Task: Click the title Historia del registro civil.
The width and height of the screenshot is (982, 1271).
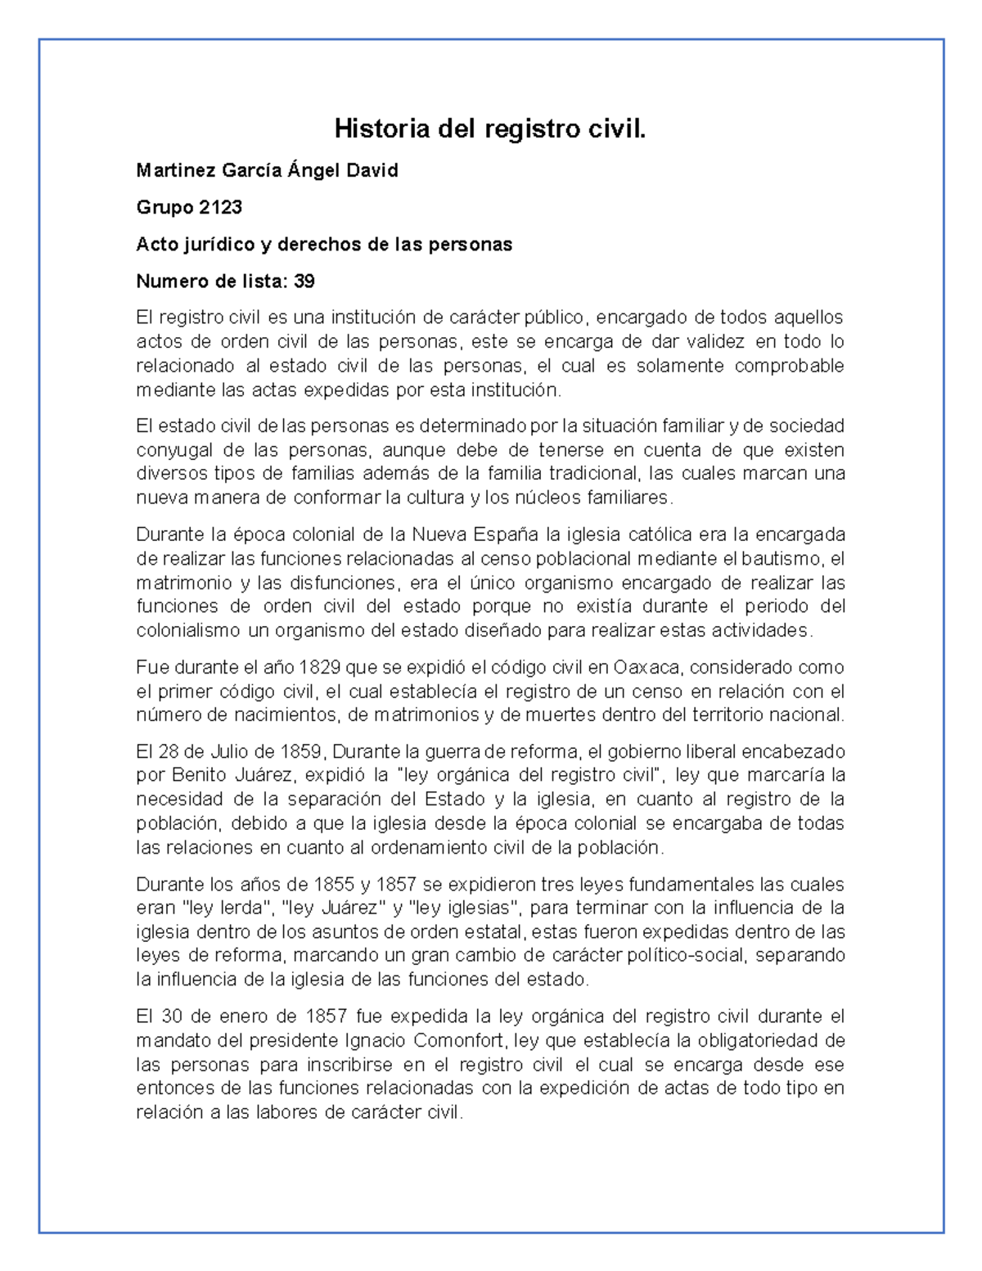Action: [x=490, y=129]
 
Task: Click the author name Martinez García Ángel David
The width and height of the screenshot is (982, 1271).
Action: [x=267, y=171]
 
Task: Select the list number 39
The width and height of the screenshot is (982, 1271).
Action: [x=304, y=282]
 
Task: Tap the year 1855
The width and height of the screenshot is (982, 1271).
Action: [x=334, y=885]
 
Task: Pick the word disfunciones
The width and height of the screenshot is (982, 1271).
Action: [x=338, y=583]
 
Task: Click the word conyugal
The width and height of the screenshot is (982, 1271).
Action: [x=174, y=450]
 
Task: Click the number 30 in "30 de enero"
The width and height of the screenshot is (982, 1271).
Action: [x=172, y=1017]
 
